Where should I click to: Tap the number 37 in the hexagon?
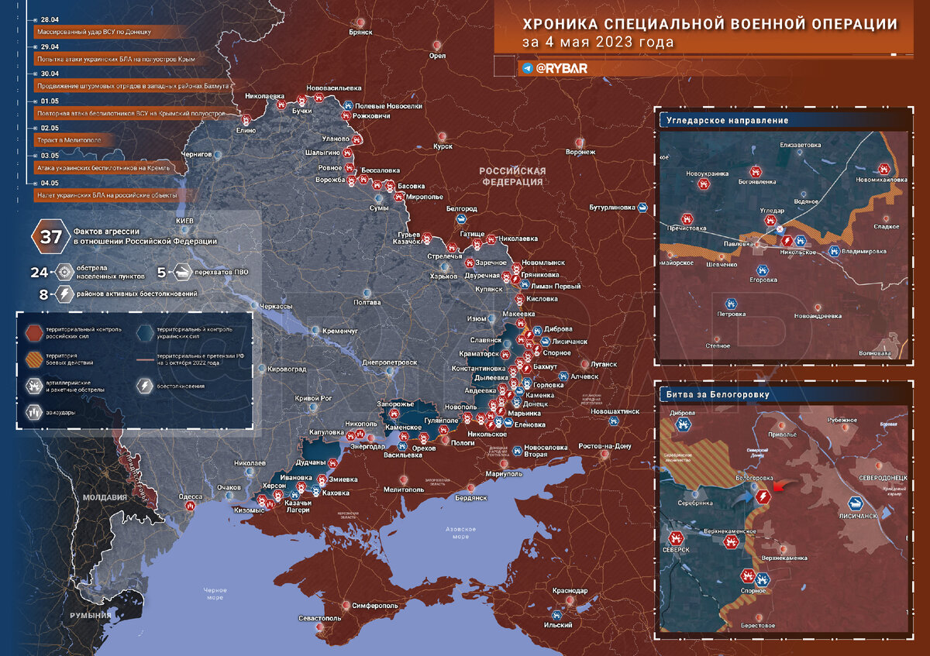[x=51, y=237]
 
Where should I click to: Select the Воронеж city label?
[x=580, y=152]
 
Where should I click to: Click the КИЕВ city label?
[x=184, y=221]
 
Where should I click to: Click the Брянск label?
[x=361, y=32]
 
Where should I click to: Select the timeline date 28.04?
[x=50, y=18]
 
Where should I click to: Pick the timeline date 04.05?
[x=50, y=183]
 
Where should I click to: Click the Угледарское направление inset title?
[x=727, y=120]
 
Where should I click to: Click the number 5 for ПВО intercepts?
[x=162, y=272]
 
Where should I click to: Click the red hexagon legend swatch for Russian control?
[x=34, y=332]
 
